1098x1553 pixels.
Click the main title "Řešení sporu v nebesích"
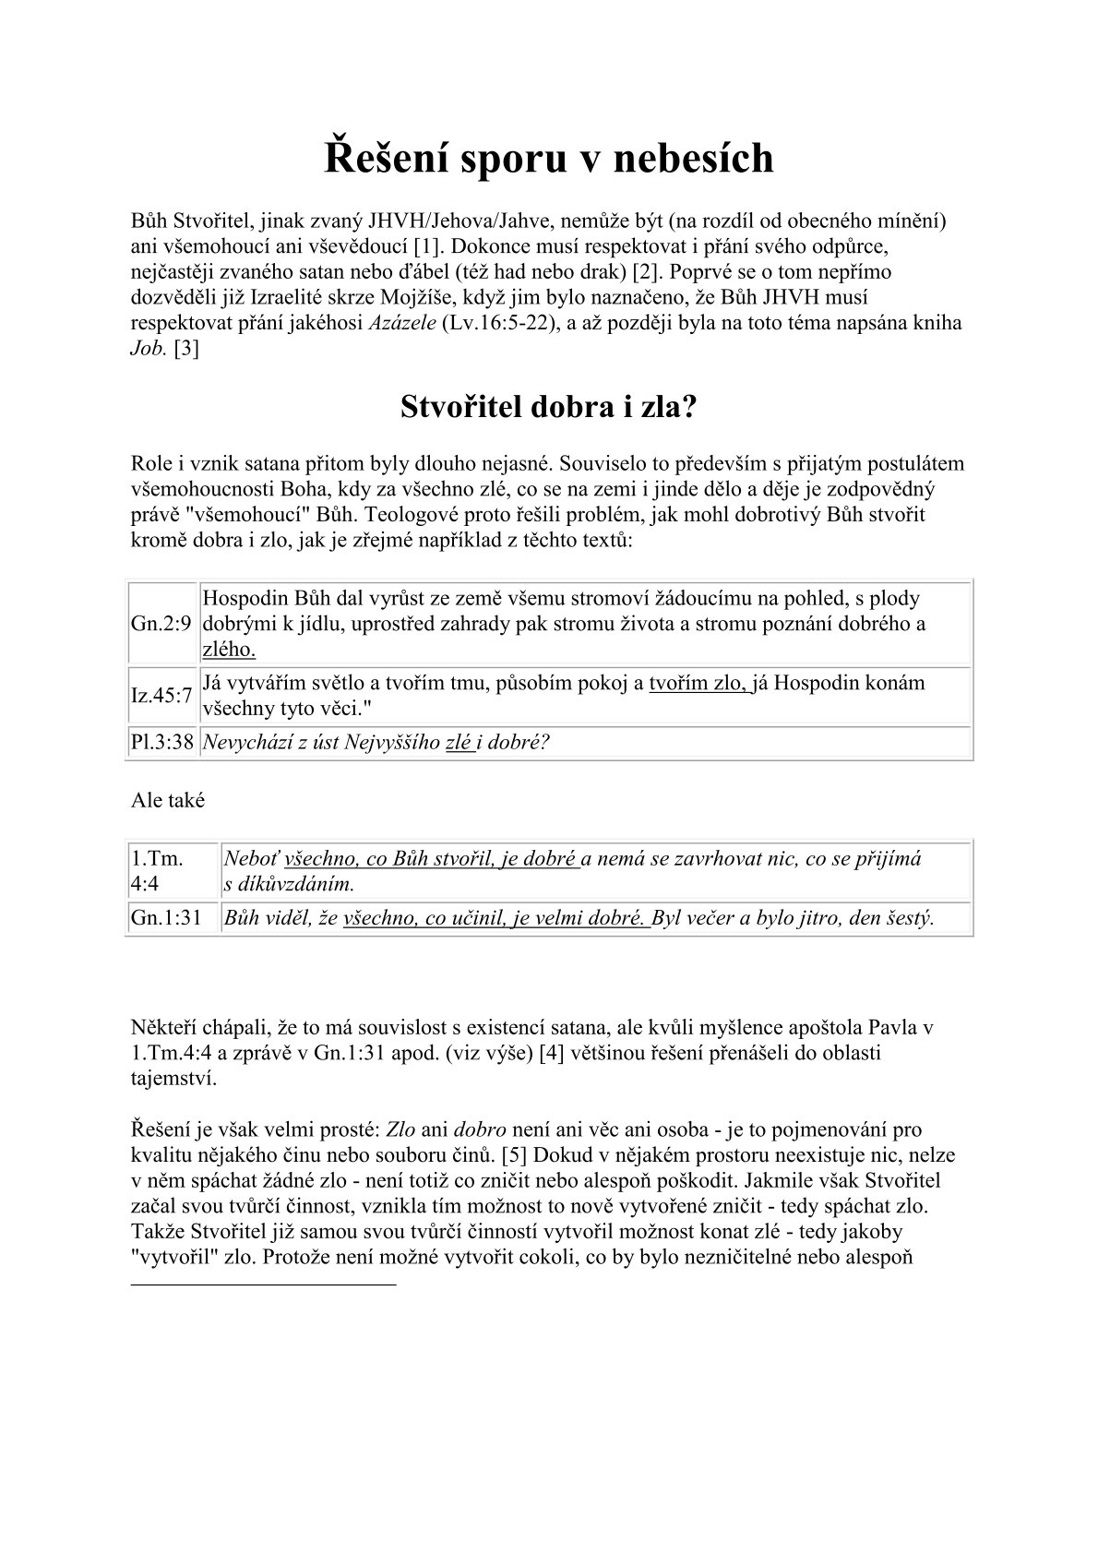point(548,159)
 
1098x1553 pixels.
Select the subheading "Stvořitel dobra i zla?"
point(548,407)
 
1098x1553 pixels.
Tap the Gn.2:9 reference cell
point(161,624)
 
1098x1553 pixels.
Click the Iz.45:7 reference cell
point(161,696)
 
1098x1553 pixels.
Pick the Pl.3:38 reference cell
point(161,742)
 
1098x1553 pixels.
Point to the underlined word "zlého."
point(229,649)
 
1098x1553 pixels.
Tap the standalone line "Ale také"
point(168,800)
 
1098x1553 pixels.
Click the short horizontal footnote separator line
point(263,1284)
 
